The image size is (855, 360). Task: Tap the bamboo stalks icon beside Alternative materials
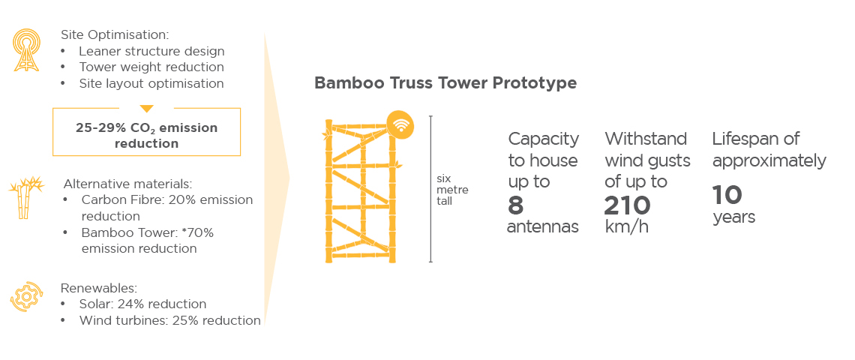(25, 197)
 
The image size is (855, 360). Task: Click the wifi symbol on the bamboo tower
(400, 126)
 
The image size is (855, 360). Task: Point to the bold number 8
(516, 205)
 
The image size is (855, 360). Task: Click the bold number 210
(627, 205)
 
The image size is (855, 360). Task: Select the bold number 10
(727, 195)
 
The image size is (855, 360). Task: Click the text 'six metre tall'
(452, 189)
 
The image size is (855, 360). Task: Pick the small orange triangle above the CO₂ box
(147, 109)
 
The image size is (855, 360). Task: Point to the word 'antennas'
(542, 227)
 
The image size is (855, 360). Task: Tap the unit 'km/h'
(627, 227)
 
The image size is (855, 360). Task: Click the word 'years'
(734, 217)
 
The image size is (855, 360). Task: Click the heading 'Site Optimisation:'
(115, 35)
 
